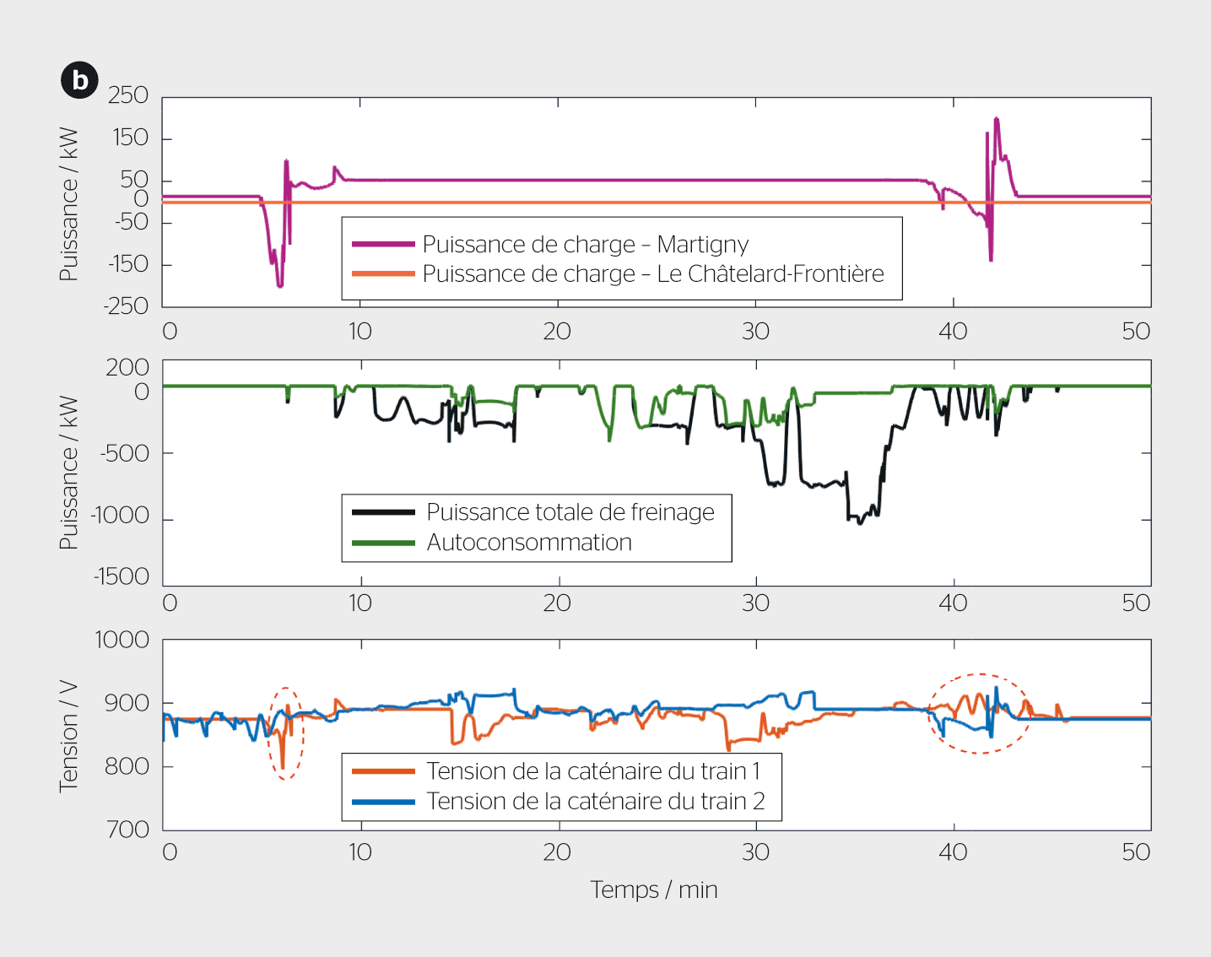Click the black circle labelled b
pos(79,80)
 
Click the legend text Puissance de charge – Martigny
pos(585,245)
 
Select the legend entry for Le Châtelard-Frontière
pos(652,274)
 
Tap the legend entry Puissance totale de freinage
pos(570,512)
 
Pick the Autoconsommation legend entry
pos(528,543)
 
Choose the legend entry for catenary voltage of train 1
pos(592,771)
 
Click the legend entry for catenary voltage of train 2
pos(595,801)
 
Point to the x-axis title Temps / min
pos(654,889)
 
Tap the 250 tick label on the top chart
pos(128,95)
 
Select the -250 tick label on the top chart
pos(126,305)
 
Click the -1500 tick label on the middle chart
pos(122,576)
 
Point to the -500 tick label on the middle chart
pos(124,453)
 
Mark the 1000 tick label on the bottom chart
pos(122,640)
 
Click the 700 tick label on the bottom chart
pos(128,829)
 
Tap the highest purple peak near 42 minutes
pos(997,119)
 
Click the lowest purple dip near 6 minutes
pos(279,286)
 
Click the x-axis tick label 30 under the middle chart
pos(755,603)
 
